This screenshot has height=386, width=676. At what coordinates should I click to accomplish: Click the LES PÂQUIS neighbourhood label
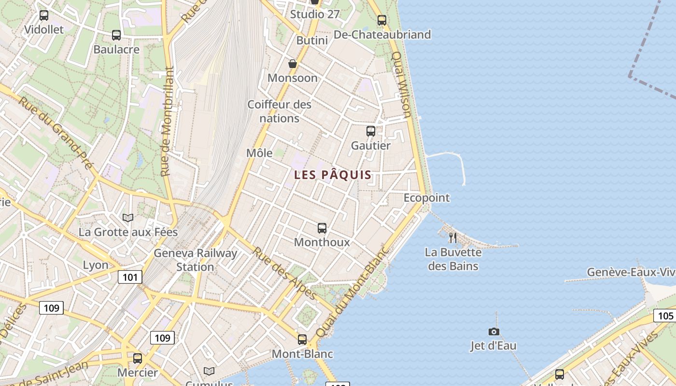click(333, 175)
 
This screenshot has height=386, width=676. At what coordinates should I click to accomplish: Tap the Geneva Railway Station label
click(195, 260)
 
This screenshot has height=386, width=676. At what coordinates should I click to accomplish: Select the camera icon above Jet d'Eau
click(493, 331)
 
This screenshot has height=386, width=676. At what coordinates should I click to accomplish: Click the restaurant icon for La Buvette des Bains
click(452, 237)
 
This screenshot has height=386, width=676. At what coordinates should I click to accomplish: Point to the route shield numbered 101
click(130, 277)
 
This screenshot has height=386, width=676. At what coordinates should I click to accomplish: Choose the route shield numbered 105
click(665, 316)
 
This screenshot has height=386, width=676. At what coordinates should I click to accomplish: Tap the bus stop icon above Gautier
click(371, 131)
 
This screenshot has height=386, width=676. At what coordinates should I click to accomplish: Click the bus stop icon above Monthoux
click(322, 228)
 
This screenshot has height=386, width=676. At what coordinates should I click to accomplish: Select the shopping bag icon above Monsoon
click(293, 64)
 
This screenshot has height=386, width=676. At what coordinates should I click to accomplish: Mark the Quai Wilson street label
click(402, 85)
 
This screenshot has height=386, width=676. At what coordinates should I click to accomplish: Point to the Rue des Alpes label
click(284, 273)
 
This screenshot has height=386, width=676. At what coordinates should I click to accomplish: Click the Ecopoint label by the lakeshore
click(426, 198)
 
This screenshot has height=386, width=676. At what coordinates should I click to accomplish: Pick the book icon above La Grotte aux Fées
click(128, 218)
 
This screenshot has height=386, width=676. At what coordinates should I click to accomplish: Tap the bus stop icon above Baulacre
click(116, 35)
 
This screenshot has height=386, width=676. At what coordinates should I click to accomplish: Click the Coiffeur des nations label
click(280, 111)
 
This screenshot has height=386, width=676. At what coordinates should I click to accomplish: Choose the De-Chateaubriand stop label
click(382, 35)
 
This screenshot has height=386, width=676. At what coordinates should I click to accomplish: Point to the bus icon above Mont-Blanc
click(302, 340)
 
